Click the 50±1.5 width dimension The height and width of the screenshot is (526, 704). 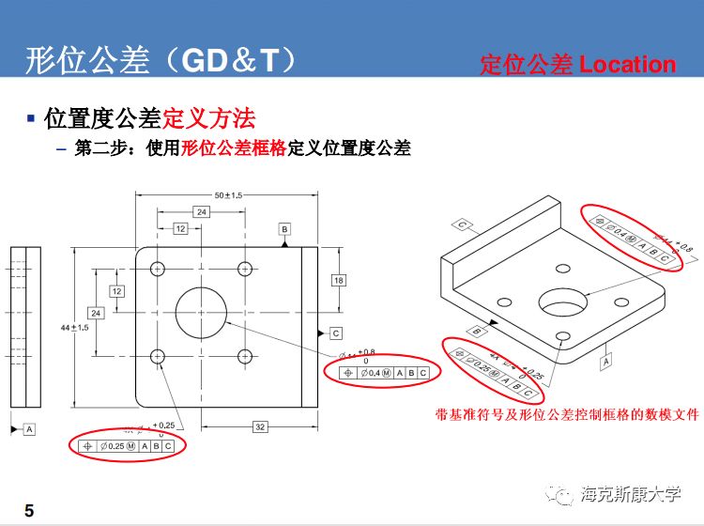[x=228, y=195]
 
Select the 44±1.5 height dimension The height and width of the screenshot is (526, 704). [x=74, y=327]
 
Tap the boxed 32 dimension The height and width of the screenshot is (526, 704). [x=260, y=427]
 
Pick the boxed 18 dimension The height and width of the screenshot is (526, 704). [x=338, y=280]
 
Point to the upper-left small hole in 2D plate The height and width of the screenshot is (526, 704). [x=158, y=269]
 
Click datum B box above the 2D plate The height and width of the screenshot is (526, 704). [x=284, y=229]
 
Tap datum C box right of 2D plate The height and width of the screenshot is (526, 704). [x=336, y=333]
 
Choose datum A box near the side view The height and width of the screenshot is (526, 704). [x=29, y=428]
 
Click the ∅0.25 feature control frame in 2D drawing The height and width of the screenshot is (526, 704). [x=128, y=446]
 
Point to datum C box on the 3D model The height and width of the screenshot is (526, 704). [x=464, y=224]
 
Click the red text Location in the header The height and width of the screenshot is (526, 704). [x=627, y=64]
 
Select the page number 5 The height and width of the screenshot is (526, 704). [x=29, y=511]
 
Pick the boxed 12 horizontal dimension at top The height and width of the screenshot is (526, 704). [x=180, y=228]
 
